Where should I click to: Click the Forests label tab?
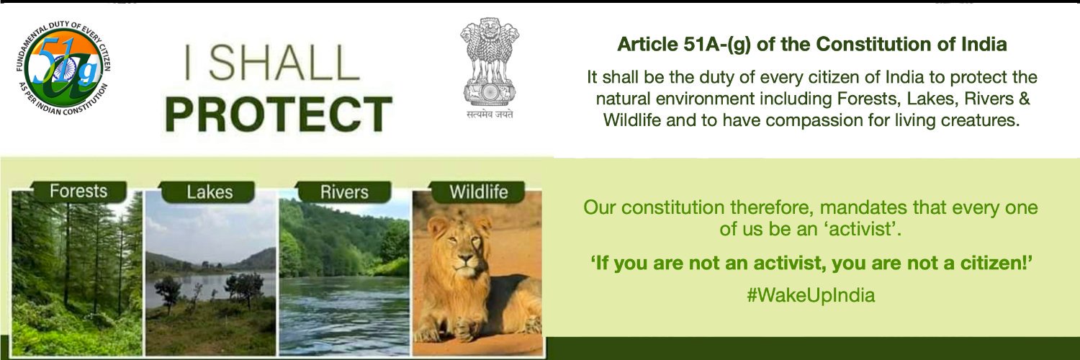78,192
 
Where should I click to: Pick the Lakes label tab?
210,192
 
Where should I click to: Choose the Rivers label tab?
343,192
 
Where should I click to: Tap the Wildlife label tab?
478,192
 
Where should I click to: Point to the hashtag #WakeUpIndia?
811,295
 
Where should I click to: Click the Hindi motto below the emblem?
490,114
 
